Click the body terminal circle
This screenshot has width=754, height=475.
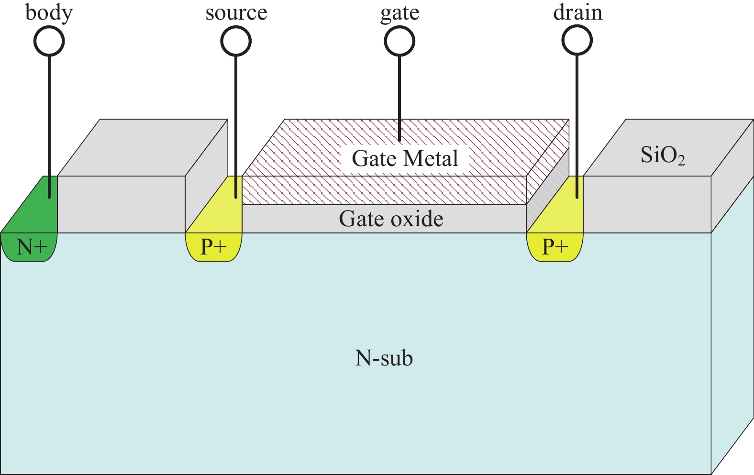click(x=49, y=41)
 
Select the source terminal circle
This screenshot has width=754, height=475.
click(x=236, y=41)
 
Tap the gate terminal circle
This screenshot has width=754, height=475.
click(x=399, y=41)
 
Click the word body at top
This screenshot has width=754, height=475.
click(x=49, y=12)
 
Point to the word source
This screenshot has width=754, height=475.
click(x=236, y=13)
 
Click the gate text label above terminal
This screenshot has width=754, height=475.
click(x=400, y=13)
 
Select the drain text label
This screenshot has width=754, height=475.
click(x=577, y=12)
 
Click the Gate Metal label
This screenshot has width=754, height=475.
click(x=405, y=158)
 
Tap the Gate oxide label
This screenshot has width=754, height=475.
click(x=391, y=219)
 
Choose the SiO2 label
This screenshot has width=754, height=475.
click(x=663, y=155)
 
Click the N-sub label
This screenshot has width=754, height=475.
click(x=384, y=358)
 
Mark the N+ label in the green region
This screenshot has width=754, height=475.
click(x=32, y=247)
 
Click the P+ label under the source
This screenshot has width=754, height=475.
click(x=213, y=247)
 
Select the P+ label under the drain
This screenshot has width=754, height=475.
click(x=555, y=247)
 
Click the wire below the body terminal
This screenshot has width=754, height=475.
click(x=49, y=120)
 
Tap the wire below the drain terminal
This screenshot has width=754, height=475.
click(x=577, y=120)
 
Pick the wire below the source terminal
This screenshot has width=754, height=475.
click(x=236, y=120)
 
